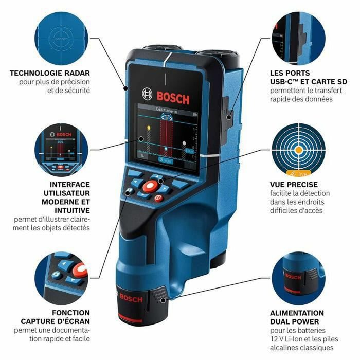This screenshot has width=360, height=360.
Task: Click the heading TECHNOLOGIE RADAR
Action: pyautogui.click(x=50, y=73)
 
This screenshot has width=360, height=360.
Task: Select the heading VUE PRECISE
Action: pyautogui.click(x=294, y=184)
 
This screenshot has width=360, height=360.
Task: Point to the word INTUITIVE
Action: pyautogui.click(x=69, y=210)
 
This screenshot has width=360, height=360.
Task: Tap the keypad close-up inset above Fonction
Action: pyautogui.click(x=61, y=279)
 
